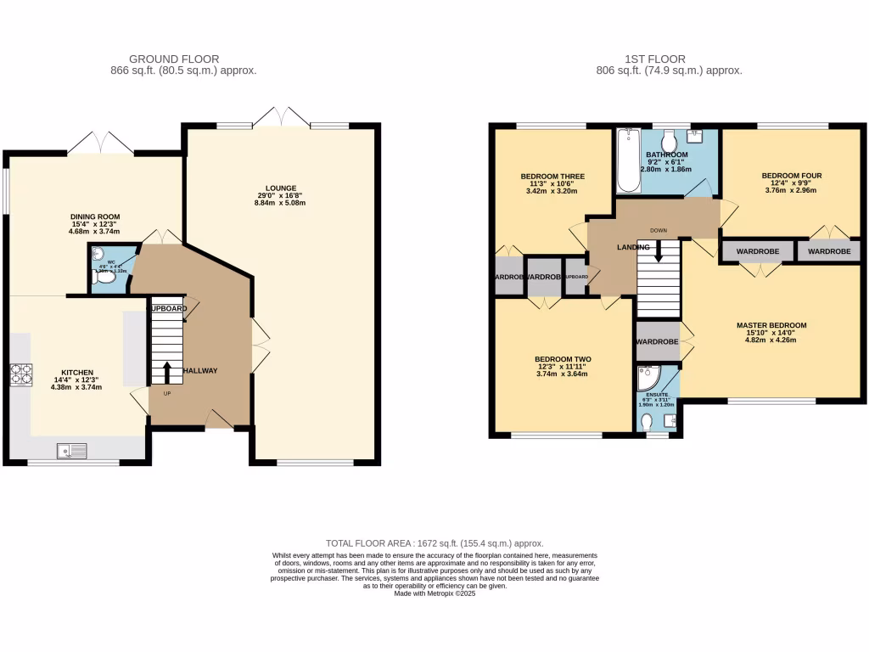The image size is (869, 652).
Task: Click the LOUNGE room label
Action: click(280, 188)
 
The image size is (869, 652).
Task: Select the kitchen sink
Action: click(73, 451)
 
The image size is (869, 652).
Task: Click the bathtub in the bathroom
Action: click(626, 160)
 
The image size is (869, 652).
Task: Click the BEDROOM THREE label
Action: click(552, 177)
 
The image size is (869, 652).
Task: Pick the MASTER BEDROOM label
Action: click(771, 325)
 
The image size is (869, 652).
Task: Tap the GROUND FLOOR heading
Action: click(173, 59)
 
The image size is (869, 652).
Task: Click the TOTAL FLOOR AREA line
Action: click(434, 543)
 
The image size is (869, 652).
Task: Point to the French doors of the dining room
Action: click(100, 143)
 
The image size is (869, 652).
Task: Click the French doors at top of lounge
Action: click(282, 117)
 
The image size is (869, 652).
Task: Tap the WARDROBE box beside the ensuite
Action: click(657, 341)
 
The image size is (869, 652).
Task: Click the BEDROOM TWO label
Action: click(562, 359)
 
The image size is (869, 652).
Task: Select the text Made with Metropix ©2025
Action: click(434, 594)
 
